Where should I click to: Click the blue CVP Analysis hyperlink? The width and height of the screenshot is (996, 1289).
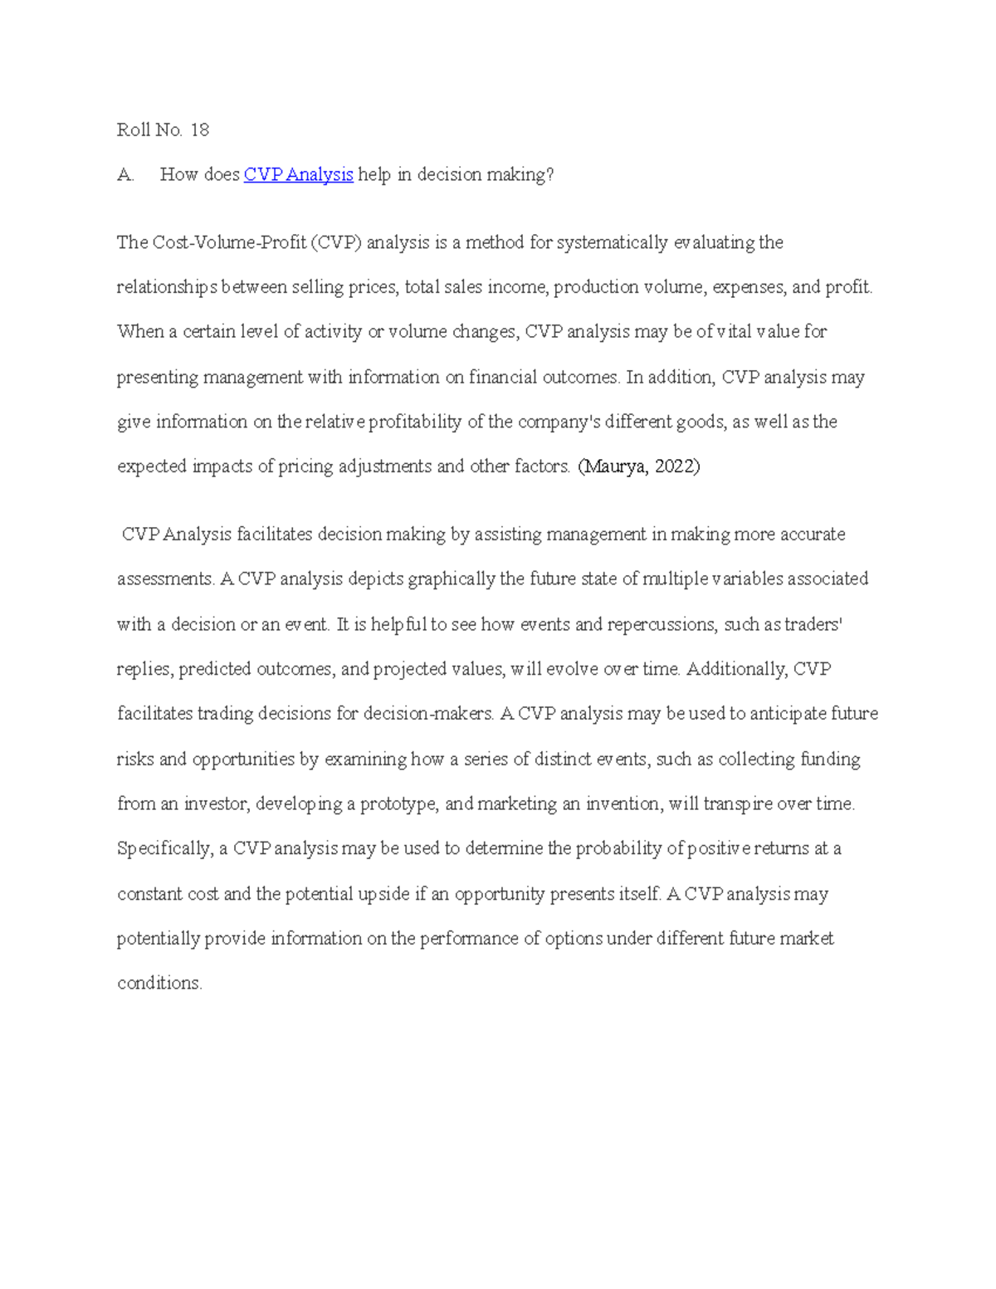tap(298, 174)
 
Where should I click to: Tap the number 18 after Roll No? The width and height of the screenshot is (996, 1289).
tap(200, 129)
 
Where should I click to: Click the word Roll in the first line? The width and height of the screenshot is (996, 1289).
tap(133, 129)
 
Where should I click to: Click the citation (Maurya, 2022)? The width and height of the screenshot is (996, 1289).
tap(638, 466)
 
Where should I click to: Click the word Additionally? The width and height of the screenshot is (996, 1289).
tap(737, 669)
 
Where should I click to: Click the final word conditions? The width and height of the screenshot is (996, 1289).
tap(159, 984)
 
